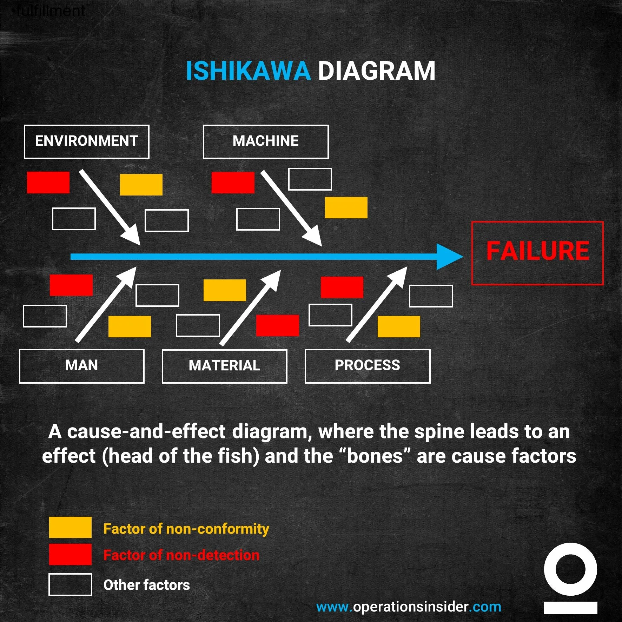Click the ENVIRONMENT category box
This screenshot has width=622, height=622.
tap(86, 141)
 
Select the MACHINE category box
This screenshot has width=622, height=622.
tap(266, 141)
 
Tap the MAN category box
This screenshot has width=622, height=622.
tap(81, 366)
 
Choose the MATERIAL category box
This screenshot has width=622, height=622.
tap(224, 366)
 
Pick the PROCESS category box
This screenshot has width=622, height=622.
tap(368, 366)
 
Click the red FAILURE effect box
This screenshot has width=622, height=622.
tap(537, 253)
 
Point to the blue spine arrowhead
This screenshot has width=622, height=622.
tap(449, 257)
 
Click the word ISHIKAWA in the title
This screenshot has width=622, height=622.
tap(248, 71)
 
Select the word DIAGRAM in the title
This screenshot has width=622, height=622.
tap(376, 71)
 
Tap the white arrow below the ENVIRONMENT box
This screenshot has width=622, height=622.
tap(109, 207)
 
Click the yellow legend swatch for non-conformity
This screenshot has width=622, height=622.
tap(70, 527)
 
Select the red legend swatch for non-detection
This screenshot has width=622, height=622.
tap(70, 554)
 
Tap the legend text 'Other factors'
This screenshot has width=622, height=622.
tap(146, 585)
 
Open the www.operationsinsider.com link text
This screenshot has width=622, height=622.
tap(409, 607)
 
